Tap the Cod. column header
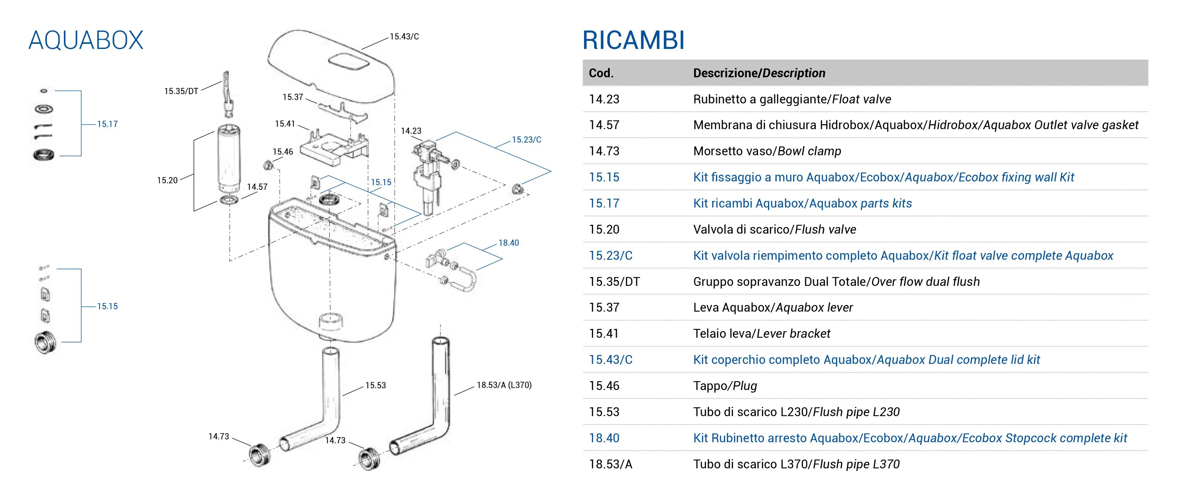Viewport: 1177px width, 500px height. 601,73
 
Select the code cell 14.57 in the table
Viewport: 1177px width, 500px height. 604,125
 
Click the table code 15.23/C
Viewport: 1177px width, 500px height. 611,255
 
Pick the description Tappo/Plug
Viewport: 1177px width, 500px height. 725,386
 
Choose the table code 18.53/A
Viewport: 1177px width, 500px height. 611,464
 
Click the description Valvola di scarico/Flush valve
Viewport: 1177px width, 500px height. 775,230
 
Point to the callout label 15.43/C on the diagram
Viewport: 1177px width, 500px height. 404,36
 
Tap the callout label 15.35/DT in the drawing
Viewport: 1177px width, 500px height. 181,91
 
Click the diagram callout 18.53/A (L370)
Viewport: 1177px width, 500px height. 504,385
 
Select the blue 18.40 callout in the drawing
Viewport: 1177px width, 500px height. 509,243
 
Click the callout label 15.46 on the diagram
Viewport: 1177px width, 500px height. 283,152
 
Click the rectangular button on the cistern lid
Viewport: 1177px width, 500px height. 349,63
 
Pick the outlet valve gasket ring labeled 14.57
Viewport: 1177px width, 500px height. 230,200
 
